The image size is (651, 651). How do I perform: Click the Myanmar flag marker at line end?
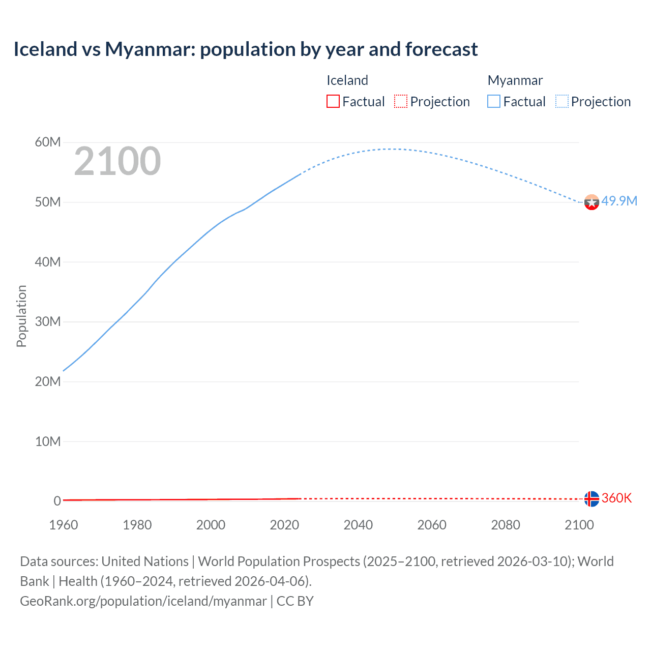(x=591, y=202)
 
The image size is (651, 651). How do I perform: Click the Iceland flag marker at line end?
(x=591, y=499)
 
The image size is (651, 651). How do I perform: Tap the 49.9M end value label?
(x=619, y=201)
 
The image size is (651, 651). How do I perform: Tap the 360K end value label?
(x=616, y=498)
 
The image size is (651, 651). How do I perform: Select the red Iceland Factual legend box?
(x=333, y=101)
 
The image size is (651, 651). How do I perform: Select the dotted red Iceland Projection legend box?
(x=401, y=101)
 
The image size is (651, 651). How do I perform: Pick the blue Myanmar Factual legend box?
(x=493, y=101)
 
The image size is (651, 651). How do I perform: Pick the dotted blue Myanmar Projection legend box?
(x=561, y=101)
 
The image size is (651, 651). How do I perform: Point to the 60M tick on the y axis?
(x=48, y=142)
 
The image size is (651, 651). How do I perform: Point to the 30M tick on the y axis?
(x=48, y=322)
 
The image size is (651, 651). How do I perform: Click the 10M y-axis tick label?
(x=48, y=441)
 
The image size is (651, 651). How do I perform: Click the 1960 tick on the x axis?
(x=64, y=525)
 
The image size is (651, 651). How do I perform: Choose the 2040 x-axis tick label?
(x=358, y=525)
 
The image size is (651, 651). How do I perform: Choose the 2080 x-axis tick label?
(x=506, y=525)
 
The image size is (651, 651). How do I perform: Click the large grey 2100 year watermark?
(x=117, y=161)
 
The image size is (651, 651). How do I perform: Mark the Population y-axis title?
(x=21, y=316)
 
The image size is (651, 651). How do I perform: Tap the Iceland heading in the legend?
(x=347, y=80)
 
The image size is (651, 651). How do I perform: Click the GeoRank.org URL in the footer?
(x=143, y=601)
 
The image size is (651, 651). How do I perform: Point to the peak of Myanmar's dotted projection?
(x=389, y=149)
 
